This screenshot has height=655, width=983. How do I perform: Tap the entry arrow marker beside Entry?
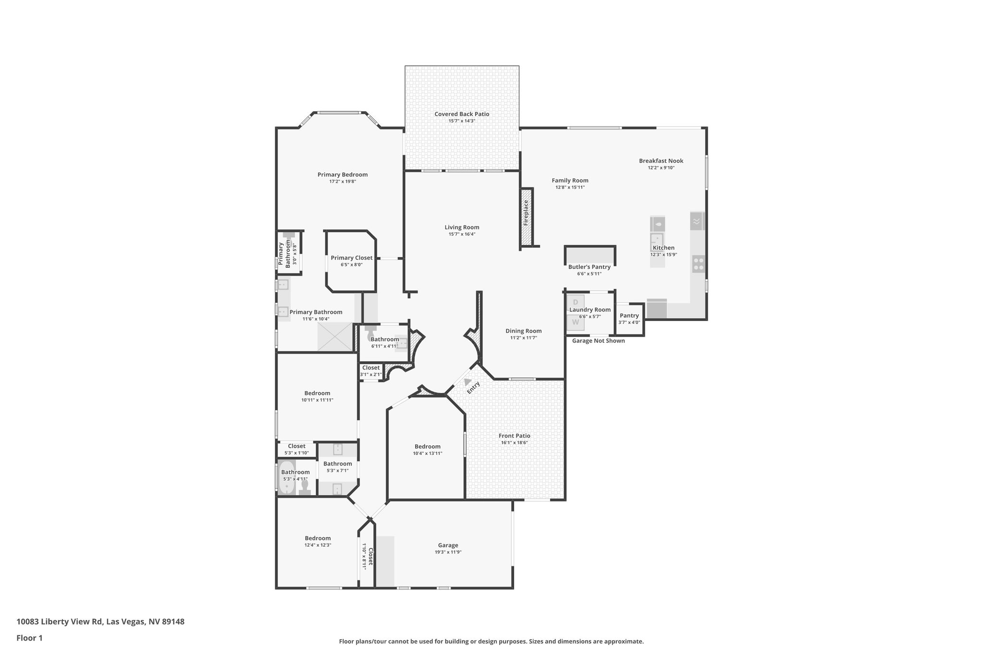coord(468,382)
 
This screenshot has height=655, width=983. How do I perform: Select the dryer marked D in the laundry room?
coord(575,302)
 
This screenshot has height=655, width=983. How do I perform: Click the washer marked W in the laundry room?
coord(575,322)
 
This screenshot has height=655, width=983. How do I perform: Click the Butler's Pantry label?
coord(589,267)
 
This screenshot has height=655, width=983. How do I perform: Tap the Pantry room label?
coord(629,315)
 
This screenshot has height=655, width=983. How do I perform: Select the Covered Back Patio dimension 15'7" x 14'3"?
coord(462,121)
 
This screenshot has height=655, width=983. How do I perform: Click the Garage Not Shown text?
coord(599,341)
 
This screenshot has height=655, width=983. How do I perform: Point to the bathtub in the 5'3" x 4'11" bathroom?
coord(287,477)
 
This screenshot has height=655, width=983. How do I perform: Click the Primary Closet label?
coord(351,258)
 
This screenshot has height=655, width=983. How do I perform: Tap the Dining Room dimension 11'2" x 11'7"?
coord(523,338)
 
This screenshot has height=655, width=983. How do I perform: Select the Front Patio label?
coord(515,436)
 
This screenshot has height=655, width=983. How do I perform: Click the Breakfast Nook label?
coord(661,161)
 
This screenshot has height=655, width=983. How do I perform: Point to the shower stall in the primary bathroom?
coord(335,336)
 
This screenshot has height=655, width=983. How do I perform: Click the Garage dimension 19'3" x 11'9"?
coord(448,552)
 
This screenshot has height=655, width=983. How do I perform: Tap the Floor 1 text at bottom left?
coord(29,638)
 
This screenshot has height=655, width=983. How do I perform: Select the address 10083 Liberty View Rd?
coord(60,621)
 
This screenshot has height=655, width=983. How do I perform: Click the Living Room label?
coord(462,227)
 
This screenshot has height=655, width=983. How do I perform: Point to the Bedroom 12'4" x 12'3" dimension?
coord(317,545)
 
